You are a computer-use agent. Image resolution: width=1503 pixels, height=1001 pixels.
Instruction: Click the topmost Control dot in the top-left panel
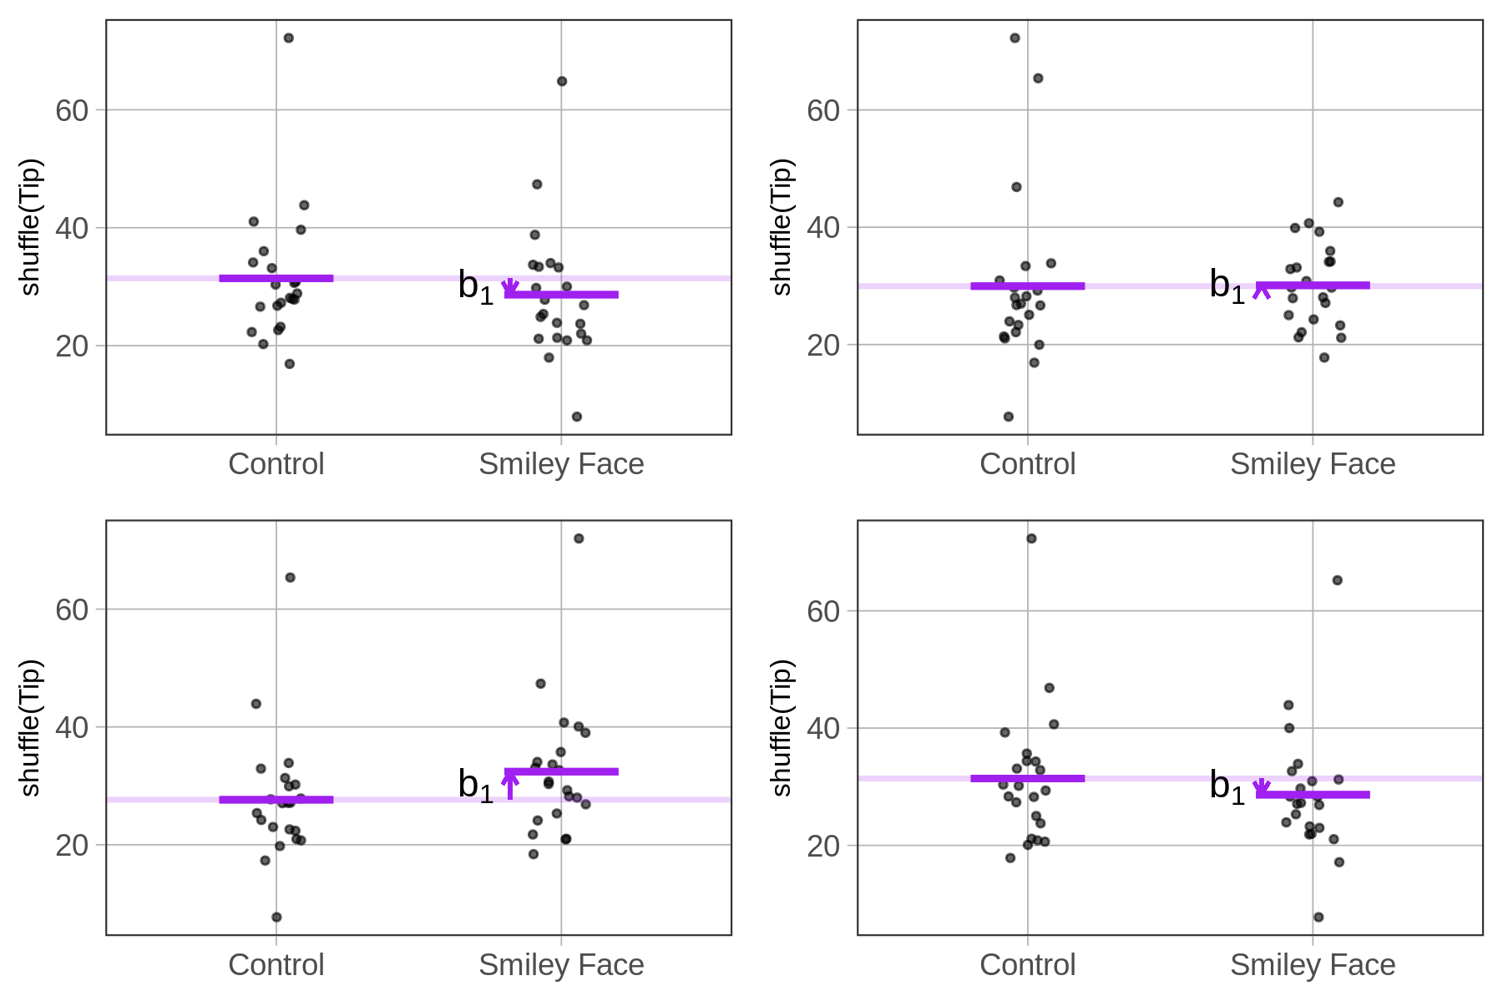289,38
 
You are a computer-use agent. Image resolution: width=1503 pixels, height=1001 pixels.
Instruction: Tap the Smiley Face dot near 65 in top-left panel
562,81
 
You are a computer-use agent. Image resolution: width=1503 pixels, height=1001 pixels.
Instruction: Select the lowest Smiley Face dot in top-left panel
577,417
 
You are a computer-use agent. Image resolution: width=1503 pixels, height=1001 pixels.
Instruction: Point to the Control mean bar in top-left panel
276,278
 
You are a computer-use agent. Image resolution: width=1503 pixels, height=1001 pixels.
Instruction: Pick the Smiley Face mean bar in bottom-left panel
561,771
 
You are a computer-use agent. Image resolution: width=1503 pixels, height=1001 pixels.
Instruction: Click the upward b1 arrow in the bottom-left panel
509,785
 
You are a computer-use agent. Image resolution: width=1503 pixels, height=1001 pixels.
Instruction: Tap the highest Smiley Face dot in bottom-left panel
579,538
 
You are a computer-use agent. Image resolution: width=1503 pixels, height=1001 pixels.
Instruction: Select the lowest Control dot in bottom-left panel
277,917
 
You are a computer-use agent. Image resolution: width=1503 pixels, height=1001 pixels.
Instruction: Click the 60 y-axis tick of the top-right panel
823,110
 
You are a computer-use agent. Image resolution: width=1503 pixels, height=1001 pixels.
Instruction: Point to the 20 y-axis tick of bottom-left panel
72,845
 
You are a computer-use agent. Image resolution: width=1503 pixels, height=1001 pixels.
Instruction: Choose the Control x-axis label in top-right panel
1027,464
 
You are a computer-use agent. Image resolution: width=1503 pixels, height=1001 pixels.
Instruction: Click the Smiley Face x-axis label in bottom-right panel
1313,965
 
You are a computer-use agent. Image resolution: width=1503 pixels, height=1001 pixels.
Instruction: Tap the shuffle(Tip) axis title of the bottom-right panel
782,727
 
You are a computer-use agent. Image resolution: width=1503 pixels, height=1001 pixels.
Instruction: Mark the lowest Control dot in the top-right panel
1009,417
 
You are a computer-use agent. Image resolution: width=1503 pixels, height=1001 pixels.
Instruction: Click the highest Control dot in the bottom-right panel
1032,538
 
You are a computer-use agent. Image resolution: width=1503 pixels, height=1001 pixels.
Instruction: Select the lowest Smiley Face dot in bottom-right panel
1318,917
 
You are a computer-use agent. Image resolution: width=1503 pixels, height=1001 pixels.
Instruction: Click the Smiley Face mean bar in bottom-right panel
1313,794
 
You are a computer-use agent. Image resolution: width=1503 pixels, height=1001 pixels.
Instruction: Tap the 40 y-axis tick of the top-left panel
72,228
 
